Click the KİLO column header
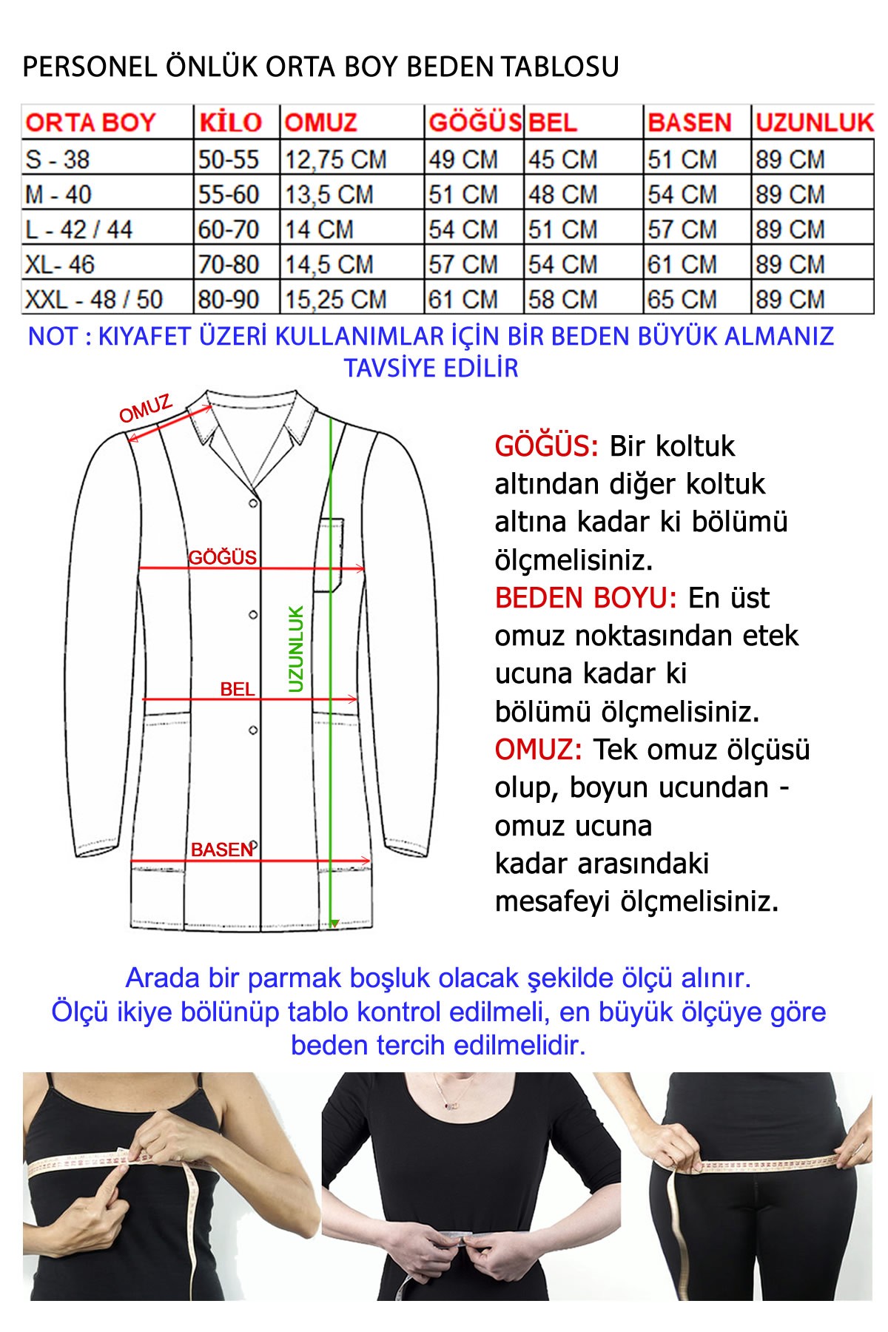click(230, 122)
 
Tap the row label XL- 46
click(60, 264)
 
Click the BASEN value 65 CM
click(682, 300)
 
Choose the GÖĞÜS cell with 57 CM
click(463, 264)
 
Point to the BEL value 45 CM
click(562, 159)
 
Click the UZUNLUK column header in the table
click(814, 122)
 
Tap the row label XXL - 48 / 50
click(94, 300)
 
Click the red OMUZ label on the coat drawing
click(146, 408)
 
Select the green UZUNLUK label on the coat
click(296, 649)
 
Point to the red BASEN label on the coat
click(221, 850)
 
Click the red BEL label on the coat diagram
click(237, 689)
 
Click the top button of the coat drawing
click(253, 504)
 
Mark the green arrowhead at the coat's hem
click(334, 924)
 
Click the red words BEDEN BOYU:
click(585, 598)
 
